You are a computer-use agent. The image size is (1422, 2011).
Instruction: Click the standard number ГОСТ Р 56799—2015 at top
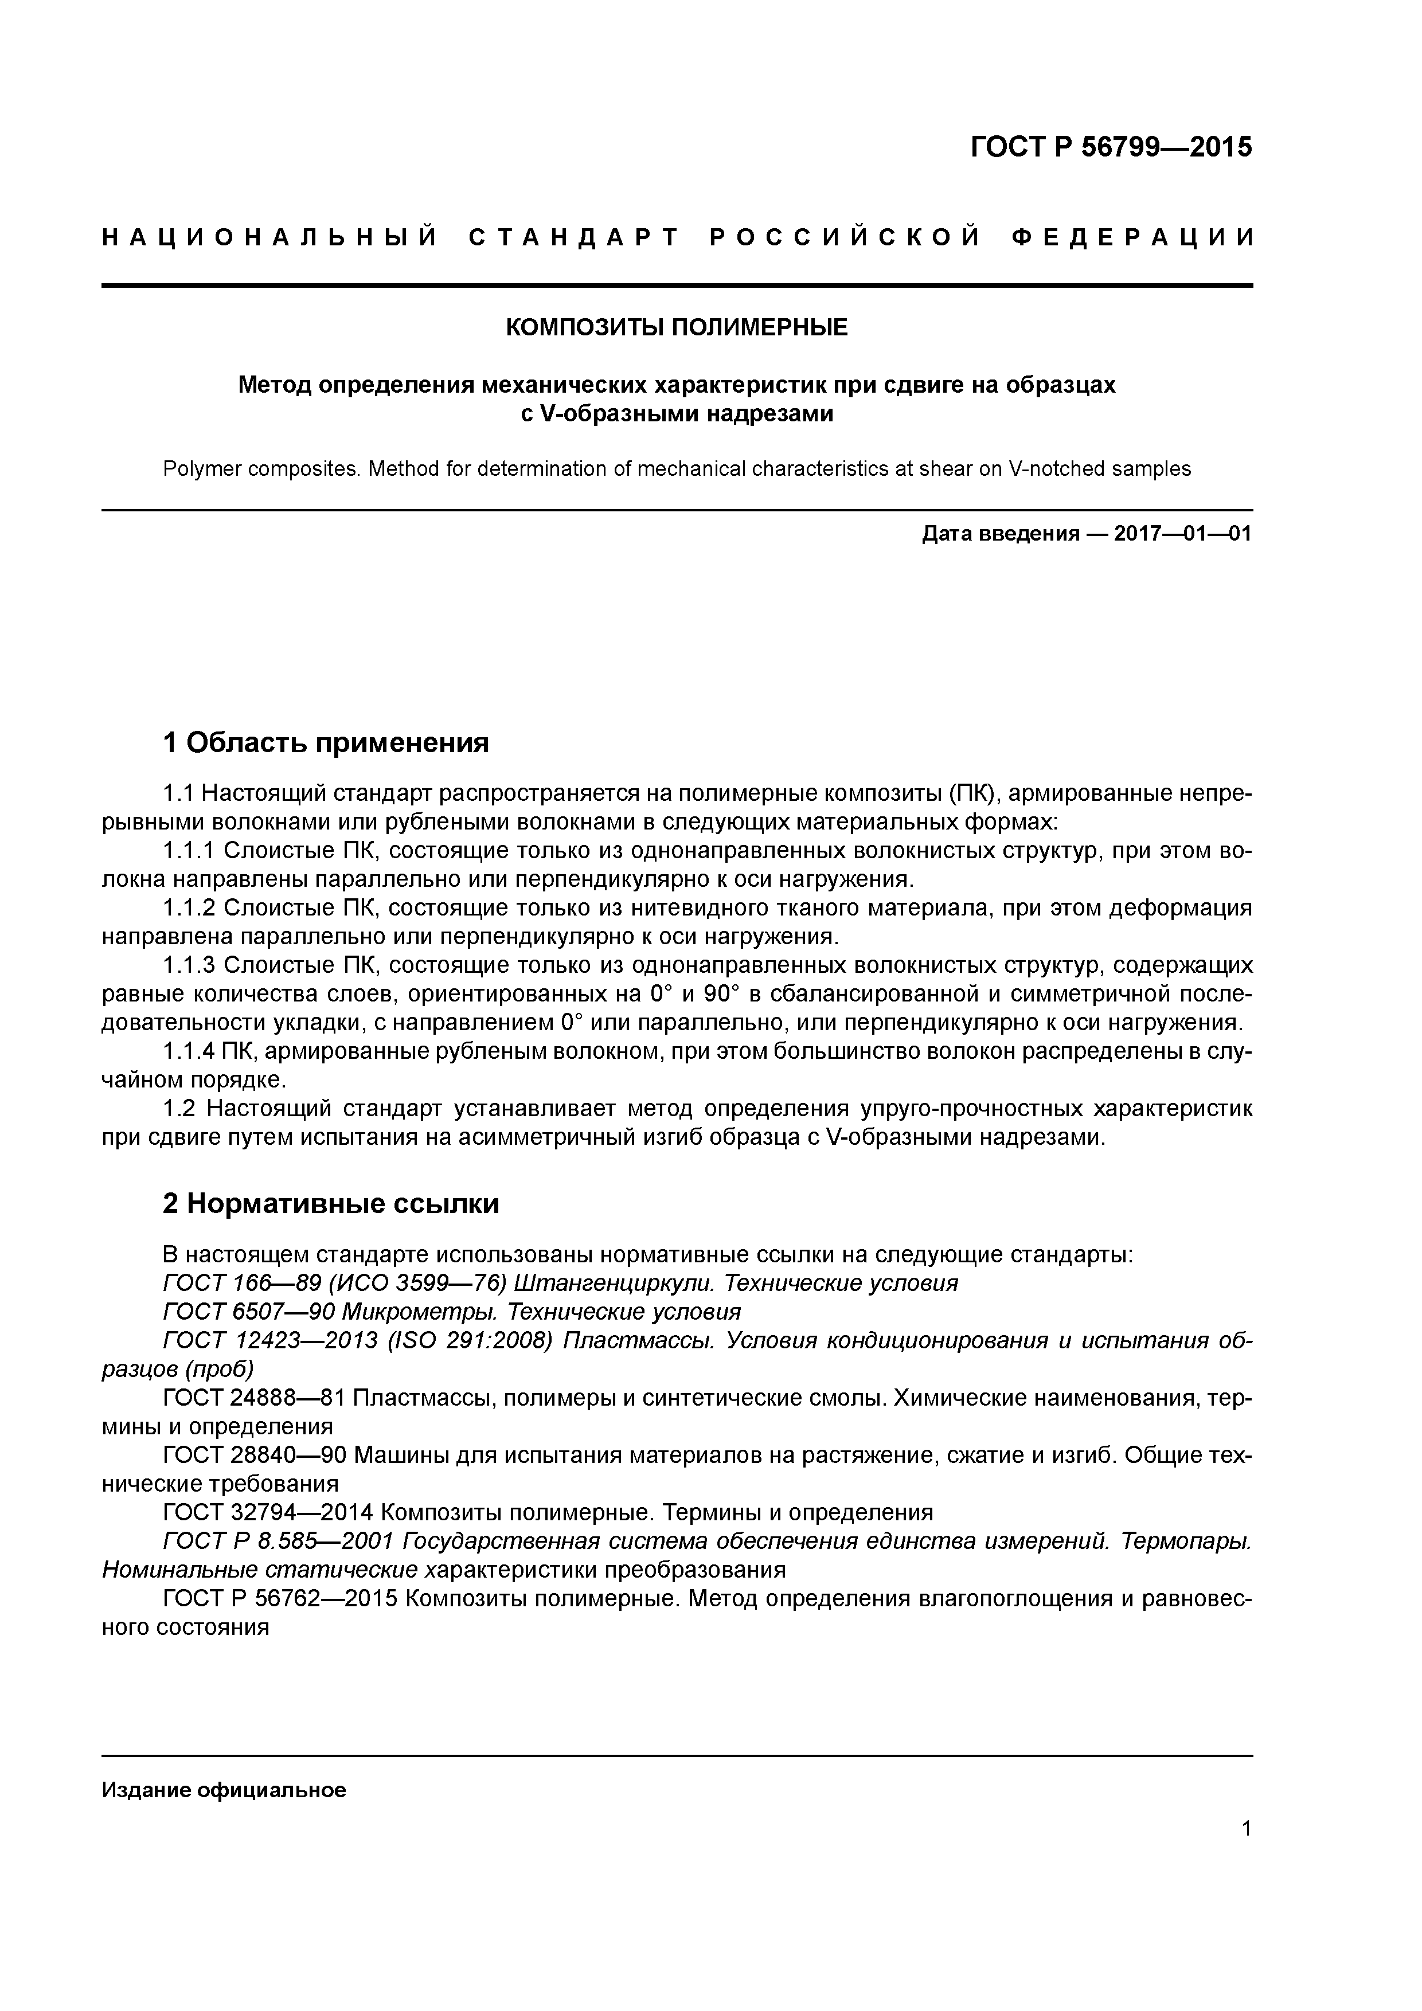point(1111,147)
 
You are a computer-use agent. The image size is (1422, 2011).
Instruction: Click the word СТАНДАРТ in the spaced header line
point(574,237)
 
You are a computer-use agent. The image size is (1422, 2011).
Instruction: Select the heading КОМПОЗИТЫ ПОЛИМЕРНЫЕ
point(677,327)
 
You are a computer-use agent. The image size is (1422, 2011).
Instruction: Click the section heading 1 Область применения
point(326,744)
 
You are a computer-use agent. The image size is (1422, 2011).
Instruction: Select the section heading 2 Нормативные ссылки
point(331,1203)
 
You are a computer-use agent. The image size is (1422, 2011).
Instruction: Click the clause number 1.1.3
point(189,965)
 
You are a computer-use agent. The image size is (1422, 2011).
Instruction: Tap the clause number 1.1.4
point(189,1051)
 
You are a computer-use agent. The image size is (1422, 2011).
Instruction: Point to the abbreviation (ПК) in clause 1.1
point(970,793)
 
